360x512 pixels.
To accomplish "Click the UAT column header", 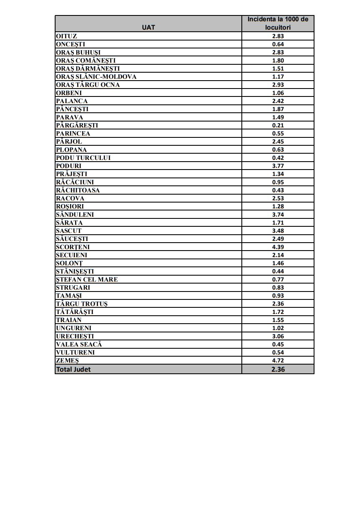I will pos(148,27).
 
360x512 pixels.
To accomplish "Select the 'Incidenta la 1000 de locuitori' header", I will pos(278,23).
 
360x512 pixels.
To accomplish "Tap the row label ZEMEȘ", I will pos(67,361).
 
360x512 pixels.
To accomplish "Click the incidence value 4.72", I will pos(278,361).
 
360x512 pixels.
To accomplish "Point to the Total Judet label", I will pos(73,369).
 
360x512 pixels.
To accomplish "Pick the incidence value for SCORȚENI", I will pos(278,247).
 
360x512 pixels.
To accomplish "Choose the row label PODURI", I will pos(68,166).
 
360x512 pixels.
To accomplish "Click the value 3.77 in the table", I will pos(278,166).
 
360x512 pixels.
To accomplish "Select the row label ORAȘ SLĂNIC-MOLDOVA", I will pos(96,77).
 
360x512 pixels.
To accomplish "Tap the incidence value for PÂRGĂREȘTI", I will pos(278,125).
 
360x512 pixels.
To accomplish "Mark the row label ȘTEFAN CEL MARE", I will pos(87,279).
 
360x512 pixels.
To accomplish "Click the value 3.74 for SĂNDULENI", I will pos(278,215).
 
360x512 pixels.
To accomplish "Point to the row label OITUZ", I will pos(66,36).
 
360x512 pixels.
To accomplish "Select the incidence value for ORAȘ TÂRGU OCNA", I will pos(278,85).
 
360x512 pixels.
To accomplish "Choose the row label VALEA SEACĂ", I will pos(79,345).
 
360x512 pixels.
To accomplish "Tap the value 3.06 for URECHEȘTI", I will pos(278,336).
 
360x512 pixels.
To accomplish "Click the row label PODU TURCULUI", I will pos(83,158).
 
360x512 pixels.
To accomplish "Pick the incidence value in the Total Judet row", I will pos(278,369).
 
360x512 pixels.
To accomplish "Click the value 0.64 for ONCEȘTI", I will pos(278,44).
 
